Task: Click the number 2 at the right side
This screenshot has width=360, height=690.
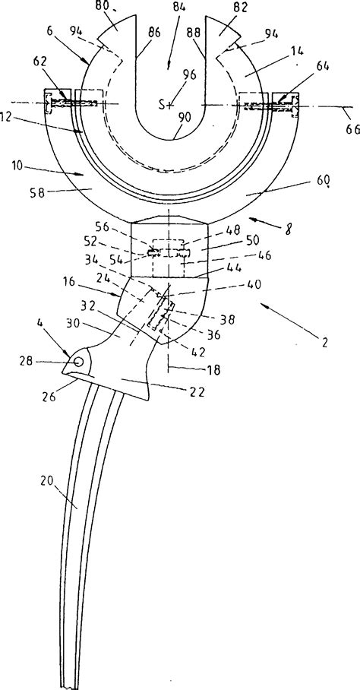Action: coord(324,342)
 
